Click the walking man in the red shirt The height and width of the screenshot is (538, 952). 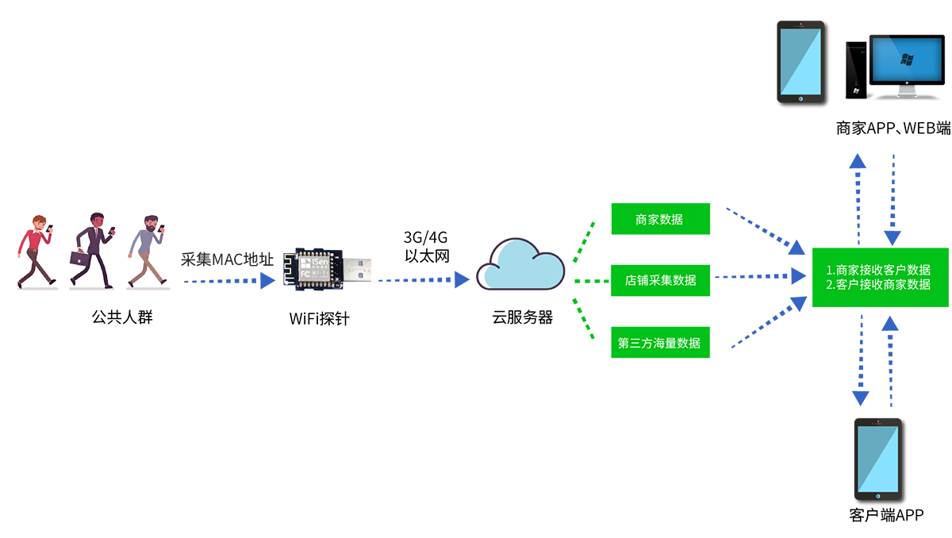(36, 249)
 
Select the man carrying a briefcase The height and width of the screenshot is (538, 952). (91, 249)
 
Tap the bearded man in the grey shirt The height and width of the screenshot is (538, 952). (146, 249)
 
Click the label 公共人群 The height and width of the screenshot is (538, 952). (121, 318)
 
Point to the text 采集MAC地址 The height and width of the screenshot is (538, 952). (228, 259)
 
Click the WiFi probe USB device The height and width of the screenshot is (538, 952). (330, 269)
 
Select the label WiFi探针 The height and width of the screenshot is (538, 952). (319, 320)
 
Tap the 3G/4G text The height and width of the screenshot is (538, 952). (427, 238)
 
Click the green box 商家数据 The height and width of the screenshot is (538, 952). (660, 219)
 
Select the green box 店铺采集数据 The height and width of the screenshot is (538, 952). (660, 280)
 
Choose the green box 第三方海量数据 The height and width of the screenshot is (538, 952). (660, 343)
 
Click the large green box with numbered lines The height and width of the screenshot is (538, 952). (880, 277)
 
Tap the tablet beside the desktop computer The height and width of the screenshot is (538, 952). (800, 63)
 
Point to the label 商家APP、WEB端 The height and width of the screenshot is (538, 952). (892, 128)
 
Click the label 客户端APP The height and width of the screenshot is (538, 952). (886, 516)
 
